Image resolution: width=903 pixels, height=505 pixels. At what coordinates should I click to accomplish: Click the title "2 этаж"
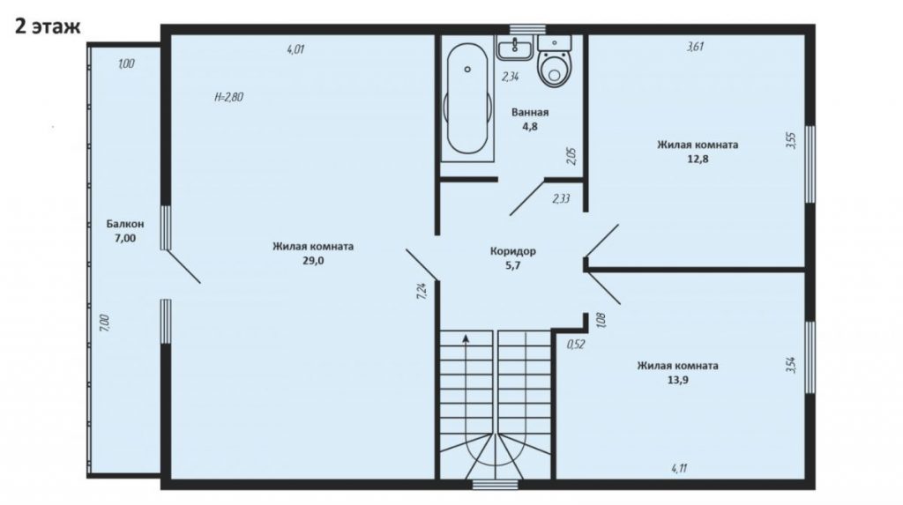pos(48,26)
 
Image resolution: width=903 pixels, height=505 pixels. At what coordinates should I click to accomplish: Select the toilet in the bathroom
pos(555,61)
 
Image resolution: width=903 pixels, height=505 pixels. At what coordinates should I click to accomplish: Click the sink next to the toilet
pos(515,48)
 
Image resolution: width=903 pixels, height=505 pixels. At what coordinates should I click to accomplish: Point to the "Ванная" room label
pos(530,112)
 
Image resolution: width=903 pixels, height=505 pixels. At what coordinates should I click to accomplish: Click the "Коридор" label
pos(513,251)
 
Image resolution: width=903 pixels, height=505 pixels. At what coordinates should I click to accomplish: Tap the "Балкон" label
pos(125,224)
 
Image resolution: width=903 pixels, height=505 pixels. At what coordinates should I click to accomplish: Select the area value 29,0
pos(313,260)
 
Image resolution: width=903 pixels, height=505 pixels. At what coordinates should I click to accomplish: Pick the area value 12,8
pos(698,159)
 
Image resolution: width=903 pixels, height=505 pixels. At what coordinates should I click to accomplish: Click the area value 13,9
pos(678,380)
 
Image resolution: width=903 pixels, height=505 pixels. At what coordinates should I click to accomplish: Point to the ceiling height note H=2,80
pos(228,97)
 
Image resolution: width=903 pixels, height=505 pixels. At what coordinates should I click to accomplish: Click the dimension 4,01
pos(295,49)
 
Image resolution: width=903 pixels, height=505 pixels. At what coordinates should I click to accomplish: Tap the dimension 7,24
pos(422,291)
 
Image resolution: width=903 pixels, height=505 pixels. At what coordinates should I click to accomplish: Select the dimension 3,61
pos(696,47)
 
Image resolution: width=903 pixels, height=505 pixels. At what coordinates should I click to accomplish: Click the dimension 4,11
pos(679,468)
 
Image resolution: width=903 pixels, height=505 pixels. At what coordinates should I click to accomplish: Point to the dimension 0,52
pos(576,345)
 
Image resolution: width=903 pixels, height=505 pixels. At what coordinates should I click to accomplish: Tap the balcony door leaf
pos(183,266)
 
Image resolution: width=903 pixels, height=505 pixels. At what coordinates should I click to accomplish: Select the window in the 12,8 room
pos(810,164)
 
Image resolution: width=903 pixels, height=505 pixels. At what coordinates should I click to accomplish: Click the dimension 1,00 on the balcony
pos(126,64)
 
